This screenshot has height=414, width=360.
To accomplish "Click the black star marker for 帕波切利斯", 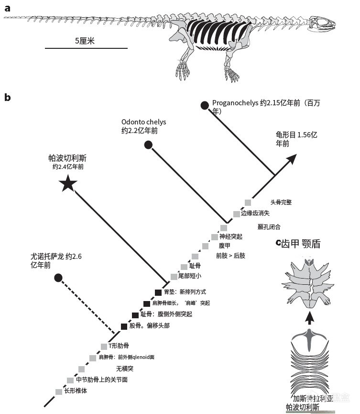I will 68,183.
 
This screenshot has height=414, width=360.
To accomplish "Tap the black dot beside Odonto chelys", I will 148,145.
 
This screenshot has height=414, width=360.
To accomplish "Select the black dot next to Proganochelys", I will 205,105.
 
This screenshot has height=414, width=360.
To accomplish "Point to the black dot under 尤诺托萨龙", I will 58,278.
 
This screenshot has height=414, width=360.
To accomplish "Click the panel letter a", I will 7,7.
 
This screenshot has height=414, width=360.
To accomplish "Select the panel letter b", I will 7,97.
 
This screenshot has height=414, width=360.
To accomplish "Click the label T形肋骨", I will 119,346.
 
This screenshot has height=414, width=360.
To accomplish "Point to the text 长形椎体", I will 76,391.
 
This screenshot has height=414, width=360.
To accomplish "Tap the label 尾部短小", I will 190,276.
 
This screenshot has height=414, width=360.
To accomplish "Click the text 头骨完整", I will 281,202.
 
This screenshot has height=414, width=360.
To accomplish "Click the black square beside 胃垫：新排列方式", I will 158,292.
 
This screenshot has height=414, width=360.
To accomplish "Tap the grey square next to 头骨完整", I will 248,202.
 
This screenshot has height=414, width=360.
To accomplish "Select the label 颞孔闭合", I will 269,226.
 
